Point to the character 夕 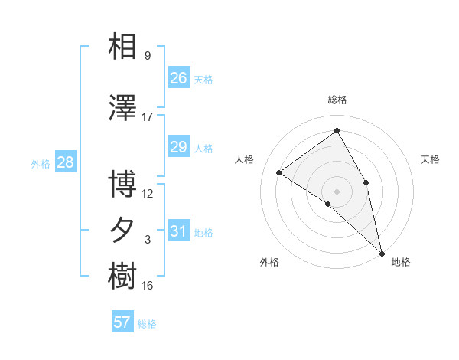[122, 230]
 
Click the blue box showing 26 [178, 78]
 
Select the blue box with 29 [178, 147]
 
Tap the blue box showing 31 [178, 231]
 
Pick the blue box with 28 [65, 162]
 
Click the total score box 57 [122, 322]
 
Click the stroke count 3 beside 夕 [148, 240]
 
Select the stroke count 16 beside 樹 [148, 286]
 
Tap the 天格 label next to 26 [203, 80]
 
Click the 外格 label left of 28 [41, 163]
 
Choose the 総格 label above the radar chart [337, 100]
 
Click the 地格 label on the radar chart [401, 263]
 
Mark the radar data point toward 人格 [279, 172]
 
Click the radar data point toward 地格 [382, 252]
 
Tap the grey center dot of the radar [337, 190]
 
